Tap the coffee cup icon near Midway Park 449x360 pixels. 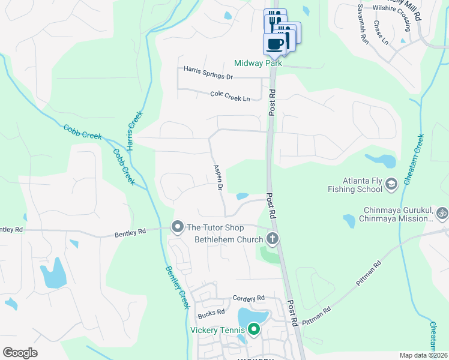pos(275,44)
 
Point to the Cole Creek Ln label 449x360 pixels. pos(230,95)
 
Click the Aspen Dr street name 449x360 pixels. pos(217,178)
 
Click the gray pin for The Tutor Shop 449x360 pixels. pos(177,227)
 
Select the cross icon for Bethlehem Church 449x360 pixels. pos(273,239)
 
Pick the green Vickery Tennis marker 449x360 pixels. pos(254,329)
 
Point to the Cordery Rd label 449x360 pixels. pos(249,298)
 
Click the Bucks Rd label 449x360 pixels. pos(211,313)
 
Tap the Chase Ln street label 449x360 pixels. pos(381,34)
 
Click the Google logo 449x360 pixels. pos(20,353)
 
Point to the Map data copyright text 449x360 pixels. pos(423,355)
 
